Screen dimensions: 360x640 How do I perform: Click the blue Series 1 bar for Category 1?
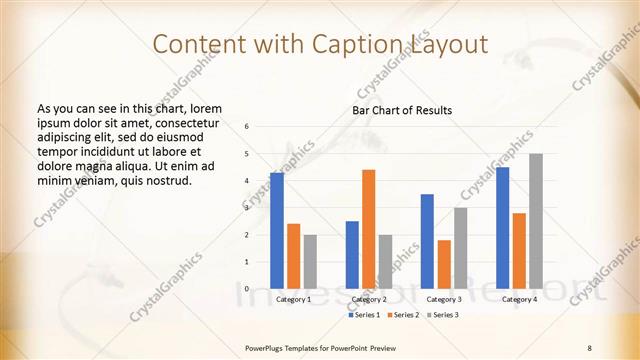tap(277, 231)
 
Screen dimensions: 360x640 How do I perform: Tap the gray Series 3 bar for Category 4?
tap(536, 221)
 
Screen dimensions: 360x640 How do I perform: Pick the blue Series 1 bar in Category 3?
tap(427, 241)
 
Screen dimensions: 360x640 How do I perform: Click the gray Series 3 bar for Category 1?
tap(310, 261)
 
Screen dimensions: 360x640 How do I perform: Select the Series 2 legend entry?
tap(403, 315)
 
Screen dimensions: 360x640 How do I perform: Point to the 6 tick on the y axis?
tap(247, 127)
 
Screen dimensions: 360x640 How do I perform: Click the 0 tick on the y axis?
tap(247, 288)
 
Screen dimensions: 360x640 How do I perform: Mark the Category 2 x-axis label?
tap(369, 299)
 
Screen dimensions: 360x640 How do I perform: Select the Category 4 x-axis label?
tap(519, 299)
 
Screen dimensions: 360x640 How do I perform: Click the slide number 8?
tap(590, 346)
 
